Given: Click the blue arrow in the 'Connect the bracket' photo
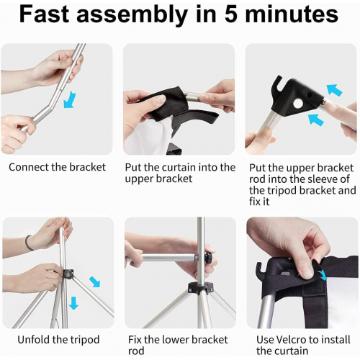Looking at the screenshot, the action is (x=70, y=99).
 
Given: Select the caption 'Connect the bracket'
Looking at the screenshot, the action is (x=58, y=167).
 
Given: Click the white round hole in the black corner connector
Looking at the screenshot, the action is (x=298, y=104).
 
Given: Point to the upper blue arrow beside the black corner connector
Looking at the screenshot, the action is (x=335, y=90).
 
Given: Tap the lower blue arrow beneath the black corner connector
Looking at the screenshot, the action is (x=316, y=120).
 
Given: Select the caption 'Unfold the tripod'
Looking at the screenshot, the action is (x=58, y=340).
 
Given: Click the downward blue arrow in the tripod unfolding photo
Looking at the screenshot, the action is (x=73, y=303).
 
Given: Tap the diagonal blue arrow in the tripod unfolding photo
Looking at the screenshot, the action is (x=95, y=282).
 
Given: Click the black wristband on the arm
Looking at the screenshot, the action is (x=28, y=243).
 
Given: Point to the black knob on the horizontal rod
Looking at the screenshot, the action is (x=208, y=258).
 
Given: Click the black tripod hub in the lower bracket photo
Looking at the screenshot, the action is (x=201, y=288).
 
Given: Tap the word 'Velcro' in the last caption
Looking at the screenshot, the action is (x=291, y=340).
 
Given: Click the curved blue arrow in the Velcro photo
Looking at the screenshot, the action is (x=323, y=275).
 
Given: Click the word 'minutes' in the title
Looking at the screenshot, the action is (x=292, y=14).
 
